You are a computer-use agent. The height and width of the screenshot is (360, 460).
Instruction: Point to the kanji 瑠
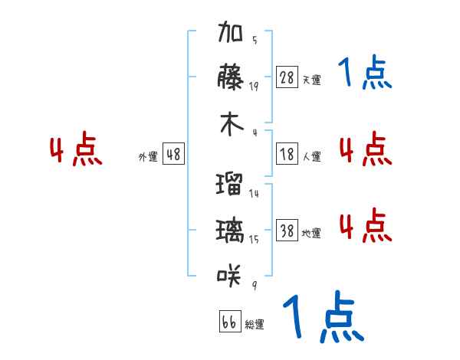point(230,185)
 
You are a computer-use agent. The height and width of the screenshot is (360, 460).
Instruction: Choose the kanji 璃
point(230,230)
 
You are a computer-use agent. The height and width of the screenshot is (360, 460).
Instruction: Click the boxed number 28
point(287,77)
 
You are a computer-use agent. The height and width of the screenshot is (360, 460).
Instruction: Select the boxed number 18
point(287,154)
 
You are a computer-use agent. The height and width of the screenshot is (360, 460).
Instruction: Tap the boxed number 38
point(287,231)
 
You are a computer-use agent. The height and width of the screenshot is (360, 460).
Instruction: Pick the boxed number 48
point(173,154)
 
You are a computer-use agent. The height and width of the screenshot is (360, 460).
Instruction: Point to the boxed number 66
point(229,322)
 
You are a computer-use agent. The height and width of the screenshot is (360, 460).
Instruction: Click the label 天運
point(311,80)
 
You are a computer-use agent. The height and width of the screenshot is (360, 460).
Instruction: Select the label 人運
point(311,156)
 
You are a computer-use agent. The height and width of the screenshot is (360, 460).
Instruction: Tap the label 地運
point(311,233)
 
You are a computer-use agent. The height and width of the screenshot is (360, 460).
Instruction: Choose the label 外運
point(147,156)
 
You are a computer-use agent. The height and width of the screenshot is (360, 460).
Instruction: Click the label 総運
point(255,324)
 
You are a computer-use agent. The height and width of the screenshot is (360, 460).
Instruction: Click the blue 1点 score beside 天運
point(364,74)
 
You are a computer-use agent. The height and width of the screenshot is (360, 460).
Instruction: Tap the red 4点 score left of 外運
point(76,150)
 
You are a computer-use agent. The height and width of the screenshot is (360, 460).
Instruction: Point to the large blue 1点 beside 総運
point(322,317)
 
